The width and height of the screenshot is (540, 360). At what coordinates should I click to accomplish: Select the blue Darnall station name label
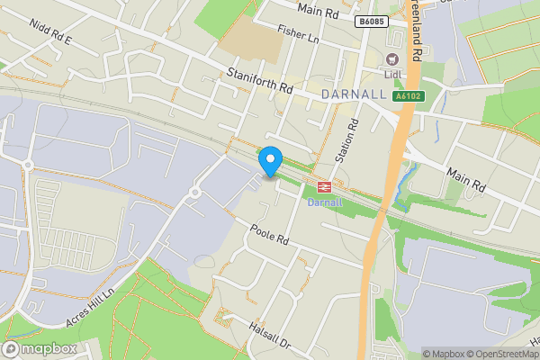(x=325, y=202)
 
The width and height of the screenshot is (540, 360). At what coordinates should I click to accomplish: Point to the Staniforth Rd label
(x=261, y=82)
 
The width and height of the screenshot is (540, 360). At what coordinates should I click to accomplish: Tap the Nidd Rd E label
(x=49, y=40)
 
